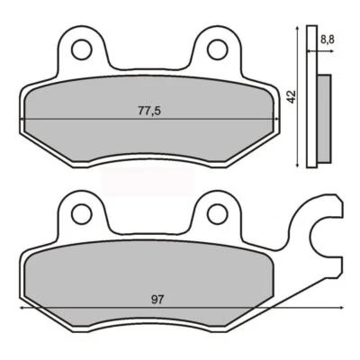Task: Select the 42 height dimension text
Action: click(291, 96)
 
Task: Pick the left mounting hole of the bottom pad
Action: click(83, 213)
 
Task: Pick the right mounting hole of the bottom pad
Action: click(216, 213)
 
